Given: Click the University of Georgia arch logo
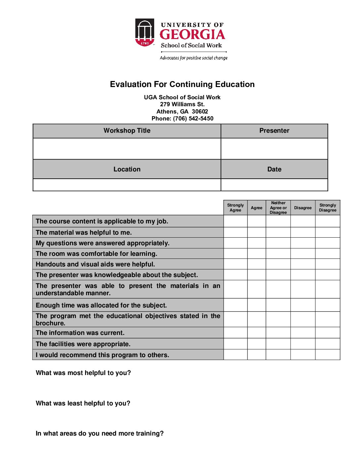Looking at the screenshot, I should click(x=145, y=32).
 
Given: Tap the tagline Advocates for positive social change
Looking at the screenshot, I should click(x=194, y=58).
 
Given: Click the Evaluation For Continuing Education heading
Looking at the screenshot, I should click(x=182, y=84).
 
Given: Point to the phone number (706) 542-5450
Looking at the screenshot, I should click(x=193, y=118).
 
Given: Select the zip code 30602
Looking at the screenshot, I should click(x=200, y=112).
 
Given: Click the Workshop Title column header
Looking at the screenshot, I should click(x=127, y=131).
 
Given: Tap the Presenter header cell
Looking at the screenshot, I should click(x=274, y=131).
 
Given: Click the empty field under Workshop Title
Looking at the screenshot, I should click(x=127, y=149).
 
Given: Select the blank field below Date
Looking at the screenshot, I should click(x=274, y=185).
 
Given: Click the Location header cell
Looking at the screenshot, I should click(x=127, y=169).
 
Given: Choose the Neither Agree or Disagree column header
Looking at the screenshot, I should click(x=278, y=208).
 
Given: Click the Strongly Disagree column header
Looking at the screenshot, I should click(x=328, y=208).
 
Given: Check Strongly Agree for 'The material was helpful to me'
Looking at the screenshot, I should click(x=235, y=232).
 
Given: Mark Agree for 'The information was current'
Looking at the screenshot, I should click(x=256, y=333).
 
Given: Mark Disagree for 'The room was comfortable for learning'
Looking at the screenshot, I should click(x=303, y=254).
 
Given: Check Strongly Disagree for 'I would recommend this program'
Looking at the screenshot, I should click(x=328, y=355).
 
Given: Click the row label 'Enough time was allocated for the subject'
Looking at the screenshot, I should click(x=101, y=305).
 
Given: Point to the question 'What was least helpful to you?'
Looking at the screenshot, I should click(x=83, y=403).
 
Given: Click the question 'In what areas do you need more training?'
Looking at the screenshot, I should click(x=100, y=434).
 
